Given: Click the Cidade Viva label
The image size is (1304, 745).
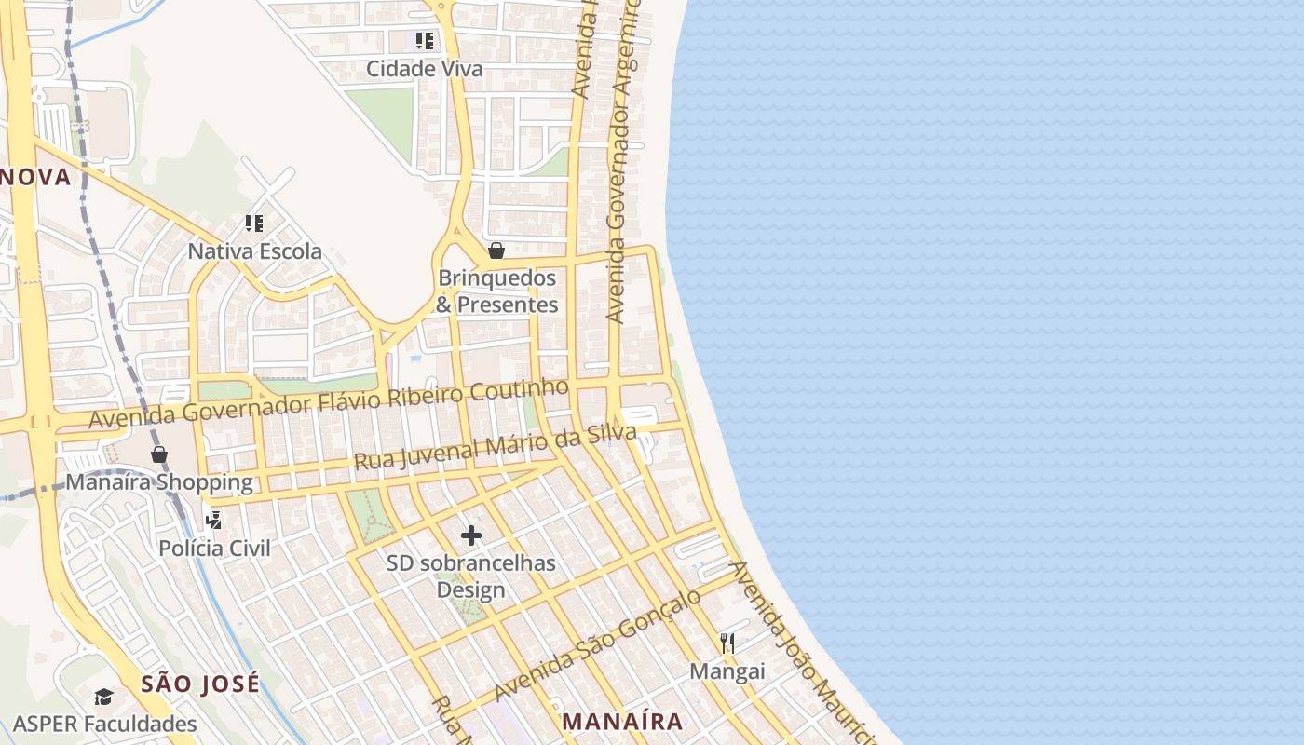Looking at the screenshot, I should [425, 69].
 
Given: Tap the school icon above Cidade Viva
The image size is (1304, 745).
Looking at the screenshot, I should [425, 40].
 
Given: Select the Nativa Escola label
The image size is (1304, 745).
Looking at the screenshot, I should [255, 251].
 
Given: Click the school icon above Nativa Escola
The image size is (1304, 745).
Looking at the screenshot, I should [254, 223].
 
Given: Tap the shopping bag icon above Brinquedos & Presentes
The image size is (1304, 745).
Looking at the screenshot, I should [496, 250].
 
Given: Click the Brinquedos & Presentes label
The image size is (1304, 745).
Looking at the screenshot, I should [497, 291].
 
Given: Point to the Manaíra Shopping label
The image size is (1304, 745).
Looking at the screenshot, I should [159, 482].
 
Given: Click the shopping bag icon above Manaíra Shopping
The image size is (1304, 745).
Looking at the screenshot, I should [159, 454].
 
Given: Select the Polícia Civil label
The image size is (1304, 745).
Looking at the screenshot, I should [214, 548].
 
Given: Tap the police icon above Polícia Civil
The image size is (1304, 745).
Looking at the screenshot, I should [214, 520].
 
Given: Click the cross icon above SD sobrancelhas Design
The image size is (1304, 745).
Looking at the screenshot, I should [471, 535].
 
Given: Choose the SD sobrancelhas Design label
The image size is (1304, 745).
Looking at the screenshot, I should [471, 576].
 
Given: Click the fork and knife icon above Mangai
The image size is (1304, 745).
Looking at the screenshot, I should [727, 643].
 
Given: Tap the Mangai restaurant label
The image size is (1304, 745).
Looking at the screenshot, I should [727, 671].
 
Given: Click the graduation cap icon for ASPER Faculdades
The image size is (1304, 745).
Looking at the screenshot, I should [103, 697].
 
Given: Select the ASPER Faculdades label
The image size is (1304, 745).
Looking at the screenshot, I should [105, 725].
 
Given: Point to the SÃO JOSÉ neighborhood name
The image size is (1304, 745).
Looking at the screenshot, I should [200, 684].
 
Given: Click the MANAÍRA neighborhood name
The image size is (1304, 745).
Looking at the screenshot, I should [623, 722].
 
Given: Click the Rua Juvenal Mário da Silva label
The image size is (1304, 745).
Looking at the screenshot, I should [495, 448].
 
